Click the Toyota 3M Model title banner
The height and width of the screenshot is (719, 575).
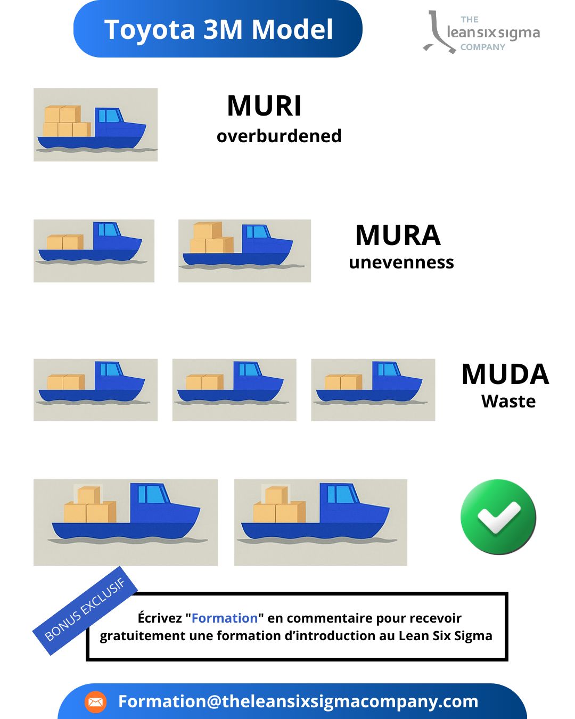[x=218, y=29]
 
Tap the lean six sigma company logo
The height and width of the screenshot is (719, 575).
[x=481, y=32]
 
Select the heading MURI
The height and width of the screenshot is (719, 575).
[x=264, y=106]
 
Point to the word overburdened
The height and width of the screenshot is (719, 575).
[x=279, y=136]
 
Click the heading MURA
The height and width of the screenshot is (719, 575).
[x=398, y=235]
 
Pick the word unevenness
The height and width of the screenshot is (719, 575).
[x=401, y=263]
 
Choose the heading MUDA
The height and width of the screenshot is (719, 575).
[x=505, y=374]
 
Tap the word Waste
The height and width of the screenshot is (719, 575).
[x=508, y=401]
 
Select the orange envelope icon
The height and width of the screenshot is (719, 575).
[x=95, y=702]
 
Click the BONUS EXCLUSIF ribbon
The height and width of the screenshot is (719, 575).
[x=85, y=610]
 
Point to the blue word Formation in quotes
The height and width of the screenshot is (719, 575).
[x=225, y=618]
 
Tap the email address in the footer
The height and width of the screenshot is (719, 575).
[x=298, y=701]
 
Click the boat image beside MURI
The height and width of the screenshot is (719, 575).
[x=95, y=125]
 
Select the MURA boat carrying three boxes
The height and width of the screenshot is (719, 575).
[x=244, y=251]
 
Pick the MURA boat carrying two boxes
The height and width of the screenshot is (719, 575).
[x=94, y=251]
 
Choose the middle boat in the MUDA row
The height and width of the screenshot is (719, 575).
[x=234, y=390]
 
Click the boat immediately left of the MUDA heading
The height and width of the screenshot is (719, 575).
[x=373, y=390]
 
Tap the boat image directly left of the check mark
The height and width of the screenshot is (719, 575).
[x=321, y=522]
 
